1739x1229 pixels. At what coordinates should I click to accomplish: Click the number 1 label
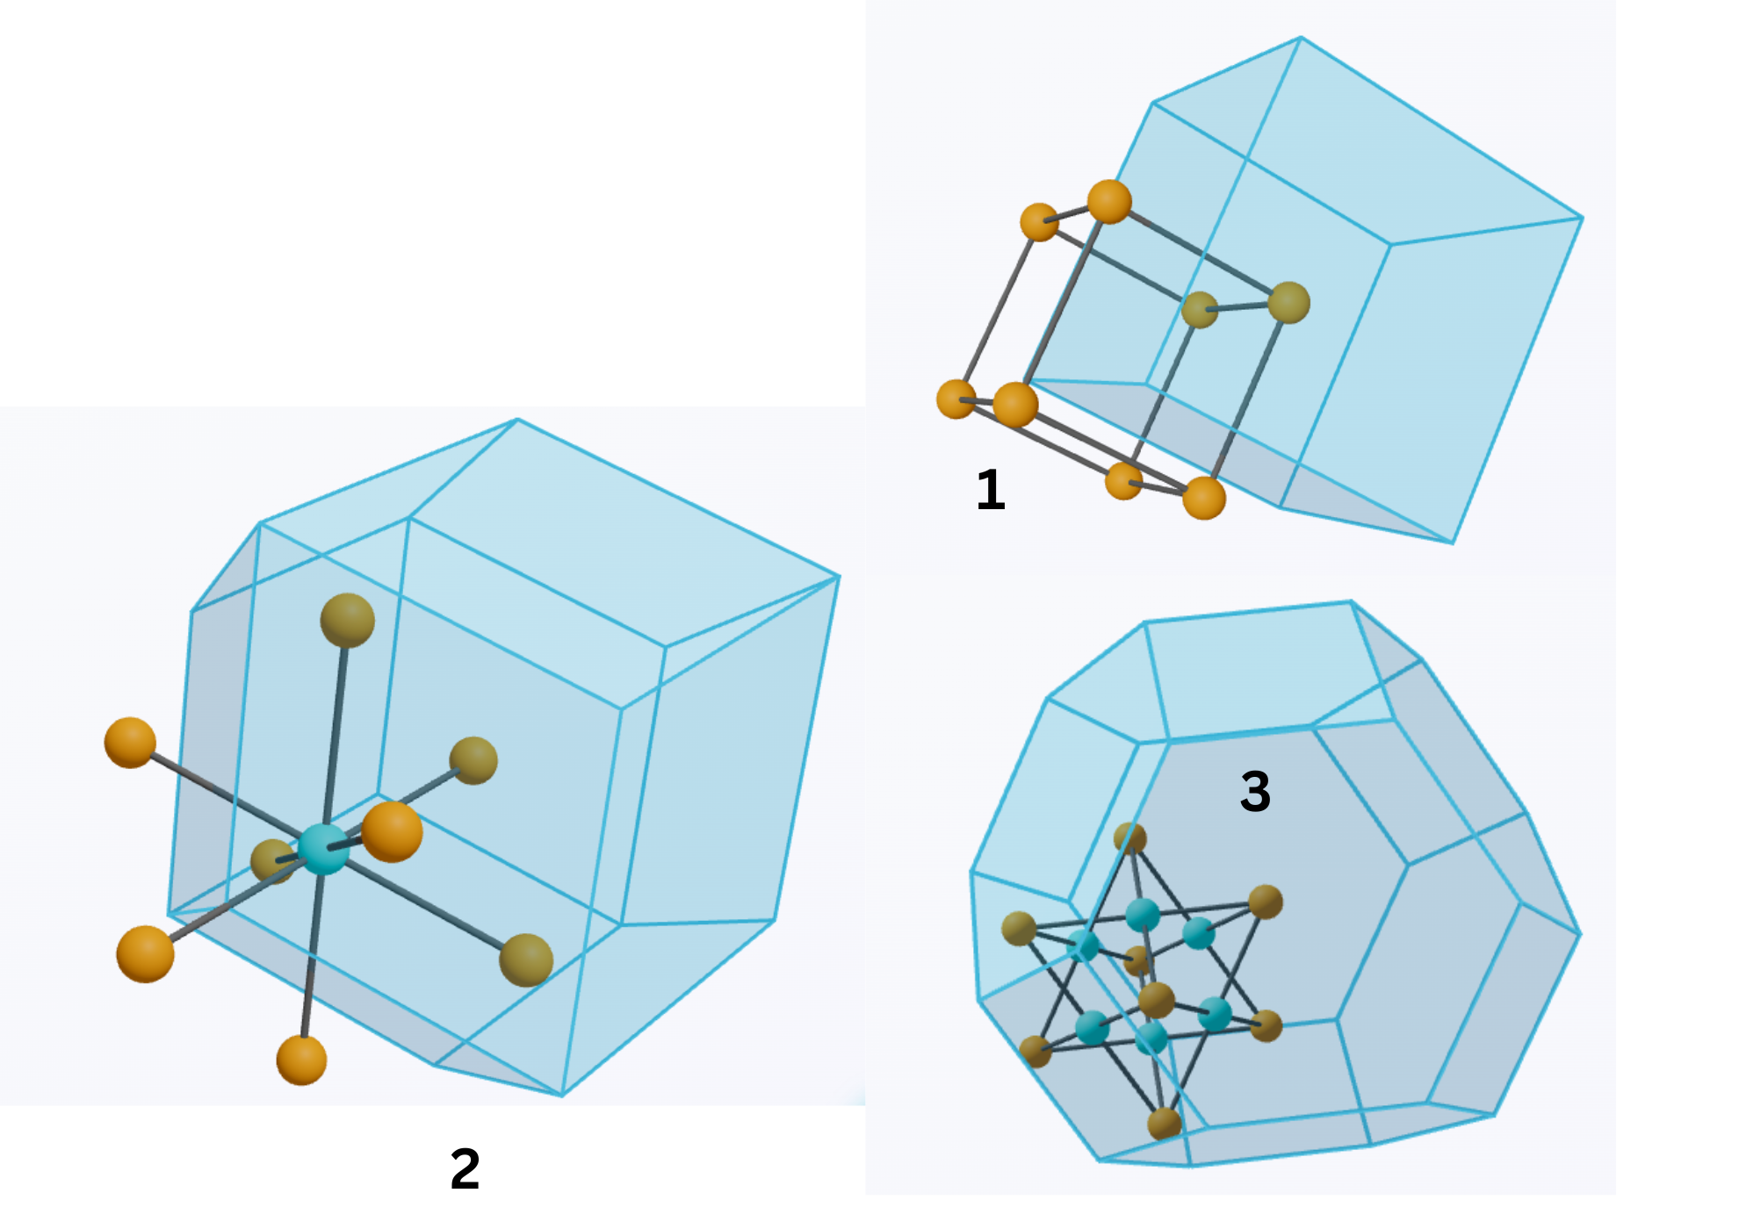tap(991, 490)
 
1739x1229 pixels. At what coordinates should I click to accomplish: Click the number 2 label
tap(465, 1169)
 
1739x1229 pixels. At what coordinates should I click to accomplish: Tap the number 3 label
tap(1255, 791)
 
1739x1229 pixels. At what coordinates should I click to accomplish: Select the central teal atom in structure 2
tap(323, 849)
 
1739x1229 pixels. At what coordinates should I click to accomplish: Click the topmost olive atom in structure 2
tap(348, 620)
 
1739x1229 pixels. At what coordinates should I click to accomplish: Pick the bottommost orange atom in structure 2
tap(301, 1060)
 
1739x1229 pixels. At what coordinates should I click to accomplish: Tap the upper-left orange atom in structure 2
tap(130, 743)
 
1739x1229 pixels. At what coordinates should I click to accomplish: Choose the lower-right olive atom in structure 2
tap(526, 959)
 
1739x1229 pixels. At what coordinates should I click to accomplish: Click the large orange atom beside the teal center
tap(392, 831)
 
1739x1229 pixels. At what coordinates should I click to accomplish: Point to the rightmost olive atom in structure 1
tap(1288, 303)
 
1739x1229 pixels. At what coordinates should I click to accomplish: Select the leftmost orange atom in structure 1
tap(956, 399)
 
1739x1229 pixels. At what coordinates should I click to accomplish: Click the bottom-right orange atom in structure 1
tap(1203, 498)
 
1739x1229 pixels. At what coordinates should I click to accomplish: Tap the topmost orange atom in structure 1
tap(1109, 202)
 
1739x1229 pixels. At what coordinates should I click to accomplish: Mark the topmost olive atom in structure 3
tap(1130, 838)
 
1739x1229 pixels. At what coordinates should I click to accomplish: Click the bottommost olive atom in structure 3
tap(1165, 1123)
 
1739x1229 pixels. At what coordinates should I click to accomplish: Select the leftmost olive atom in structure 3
tap(1019, 929)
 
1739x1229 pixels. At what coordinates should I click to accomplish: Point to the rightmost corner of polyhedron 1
tap(1583, 218)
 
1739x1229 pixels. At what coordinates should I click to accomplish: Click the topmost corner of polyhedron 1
tap(1301, 37)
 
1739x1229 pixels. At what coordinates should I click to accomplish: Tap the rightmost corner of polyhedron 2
tap(840, 577)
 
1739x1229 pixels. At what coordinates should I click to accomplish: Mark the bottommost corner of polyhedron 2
tap(562, 1096)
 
